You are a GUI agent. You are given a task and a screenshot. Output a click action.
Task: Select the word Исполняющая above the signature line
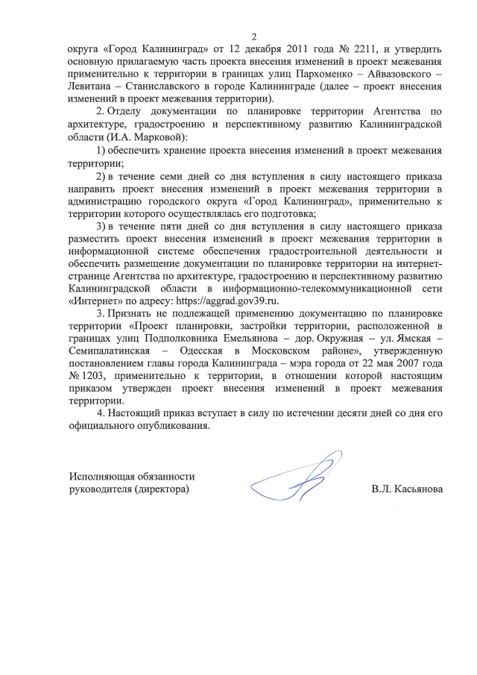(101, 476)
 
